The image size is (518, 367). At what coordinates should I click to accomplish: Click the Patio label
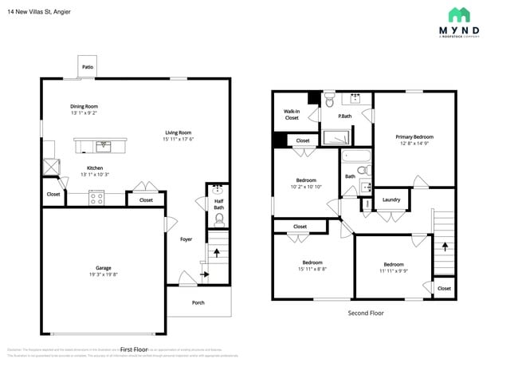(x=87, y=67)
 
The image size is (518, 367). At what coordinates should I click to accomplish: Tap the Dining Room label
(x=84, y=106)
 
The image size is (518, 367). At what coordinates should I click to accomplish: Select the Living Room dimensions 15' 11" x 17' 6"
(x=179, y=140)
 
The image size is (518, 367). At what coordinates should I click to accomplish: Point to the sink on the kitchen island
(x=101, y=145)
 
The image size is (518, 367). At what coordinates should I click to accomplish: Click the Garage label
(x=103, y=268)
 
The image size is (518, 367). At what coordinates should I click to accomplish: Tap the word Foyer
(x=186, y=239)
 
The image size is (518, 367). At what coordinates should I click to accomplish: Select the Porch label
(x=198, y=302)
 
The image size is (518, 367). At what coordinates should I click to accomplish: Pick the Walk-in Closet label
(x=292, y=114)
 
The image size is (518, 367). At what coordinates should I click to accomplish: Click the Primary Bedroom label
(x=414, y=136)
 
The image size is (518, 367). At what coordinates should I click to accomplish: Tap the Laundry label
(x=390, y=199)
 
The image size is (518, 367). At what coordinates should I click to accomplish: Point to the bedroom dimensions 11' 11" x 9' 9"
(x=394, y=270)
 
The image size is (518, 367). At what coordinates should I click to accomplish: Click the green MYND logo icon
(x=458, y=14)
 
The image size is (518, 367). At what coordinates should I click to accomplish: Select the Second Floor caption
(x=365, y=313)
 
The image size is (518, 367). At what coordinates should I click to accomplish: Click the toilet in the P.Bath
(x=331, y=101)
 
